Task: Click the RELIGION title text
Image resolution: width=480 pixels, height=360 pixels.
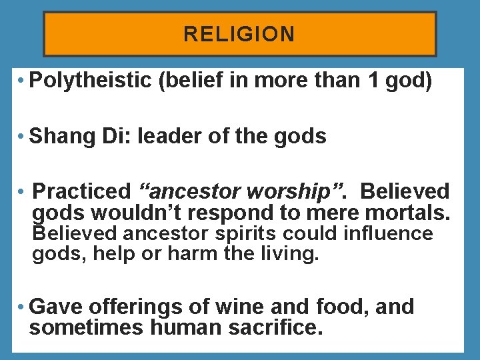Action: [x=239, y=34]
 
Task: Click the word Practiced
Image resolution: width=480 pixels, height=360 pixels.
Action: [x=82, y=191]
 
